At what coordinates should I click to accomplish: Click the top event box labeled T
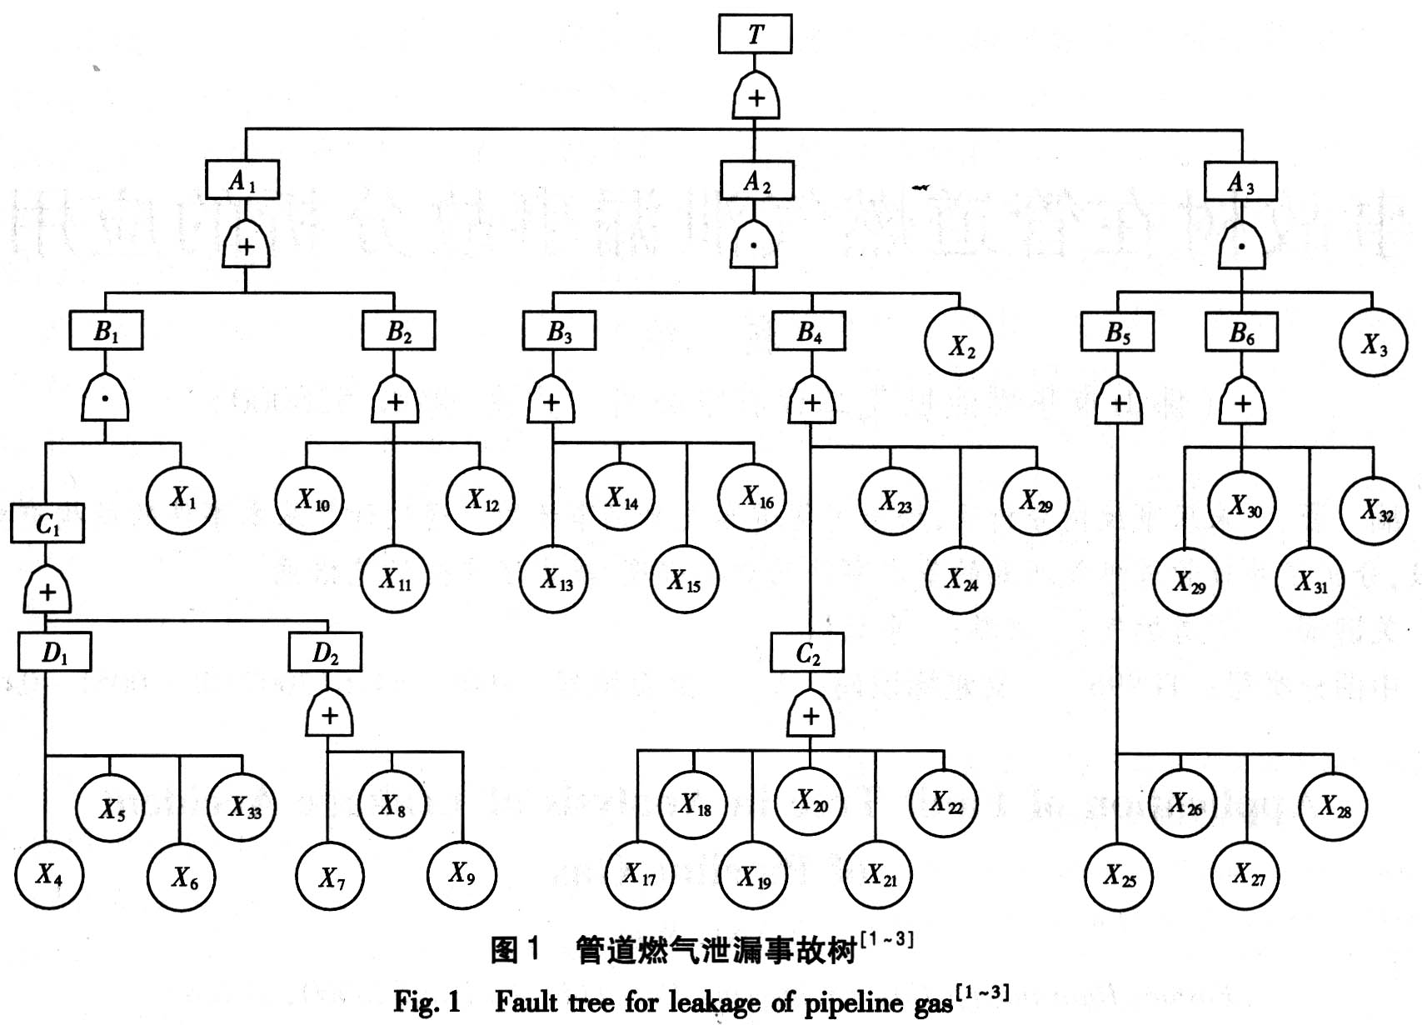tap(755, 34)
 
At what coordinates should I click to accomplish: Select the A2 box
tap(756, 181)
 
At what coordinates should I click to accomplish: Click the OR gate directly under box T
tap(756, 98)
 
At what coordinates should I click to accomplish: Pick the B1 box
tap(106, 331)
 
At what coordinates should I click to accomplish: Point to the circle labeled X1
tap(182, 499)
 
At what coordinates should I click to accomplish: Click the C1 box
tap(47, 523)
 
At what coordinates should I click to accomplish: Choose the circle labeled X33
tap(242, 807)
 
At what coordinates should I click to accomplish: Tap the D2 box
tap(325, 652)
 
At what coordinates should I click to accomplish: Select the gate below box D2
tap(330, 715)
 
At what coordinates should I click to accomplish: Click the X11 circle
tap(395, 579)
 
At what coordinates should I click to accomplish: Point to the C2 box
tap(807, 653)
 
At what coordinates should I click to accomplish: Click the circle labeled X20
tap(809, 801)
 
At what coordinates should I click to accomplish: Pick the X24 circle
tap(960, 579)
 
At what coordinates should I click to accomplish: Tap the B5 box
tap(1117, 332)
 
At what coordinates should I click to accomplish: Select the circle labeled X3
tap(1374, 343)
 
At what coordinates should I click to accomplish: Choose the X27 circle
tap(1247, 875)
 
